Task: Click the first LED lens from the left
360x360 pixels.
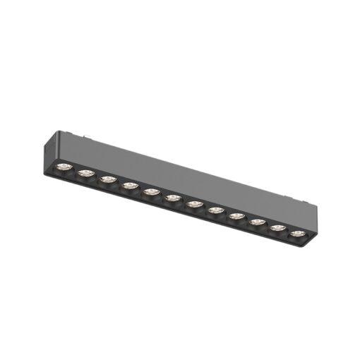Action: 64,167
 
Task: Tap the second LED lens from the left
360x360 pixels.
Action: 85,173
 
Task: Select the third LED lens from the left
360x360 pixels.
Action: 107,179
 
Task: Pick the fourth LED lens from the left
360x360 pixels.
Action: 129,186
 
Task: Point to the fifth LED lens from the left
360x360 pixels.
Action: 150,192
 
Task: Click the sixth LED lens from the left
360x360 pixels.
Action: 172,198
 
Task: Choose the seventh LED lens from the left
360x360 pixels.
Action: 194,205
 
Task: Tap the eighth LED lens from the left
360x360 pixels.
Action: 215,210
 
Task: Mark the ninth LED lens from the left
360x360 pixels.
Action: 236,216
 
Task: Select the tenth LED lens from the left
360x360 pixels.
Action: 257,222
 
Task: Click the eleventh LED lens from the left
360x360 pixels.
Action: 278,228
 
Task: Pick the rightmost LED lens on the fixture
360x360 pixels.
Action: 298,234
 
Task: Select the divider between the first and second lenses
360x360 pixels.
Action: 75,170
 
